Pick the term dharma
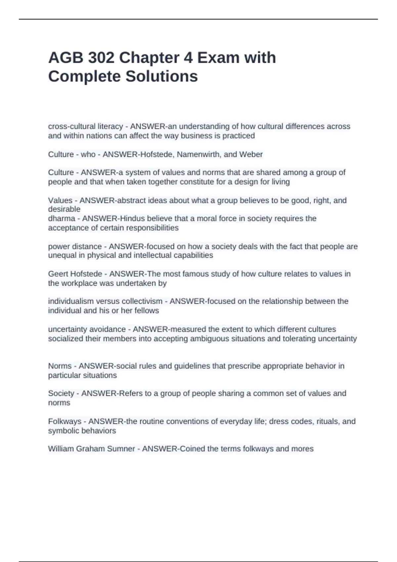click(x=62, y=219)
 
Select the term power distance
click(x=75, y=246)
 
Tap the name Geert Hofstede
click(x=75, y=274)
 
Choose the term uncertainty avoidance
click(x=87, y=329)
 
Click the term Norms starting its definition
click(x=60, y=366)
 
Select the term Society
click(x=61, y=393)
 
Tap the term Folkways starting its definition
click(x=65, y=421)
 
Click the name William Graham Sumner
click(x=91, y=449)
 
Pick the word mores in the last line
click(x=302, y=449)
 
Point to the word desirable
click(x=64, y=209)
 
